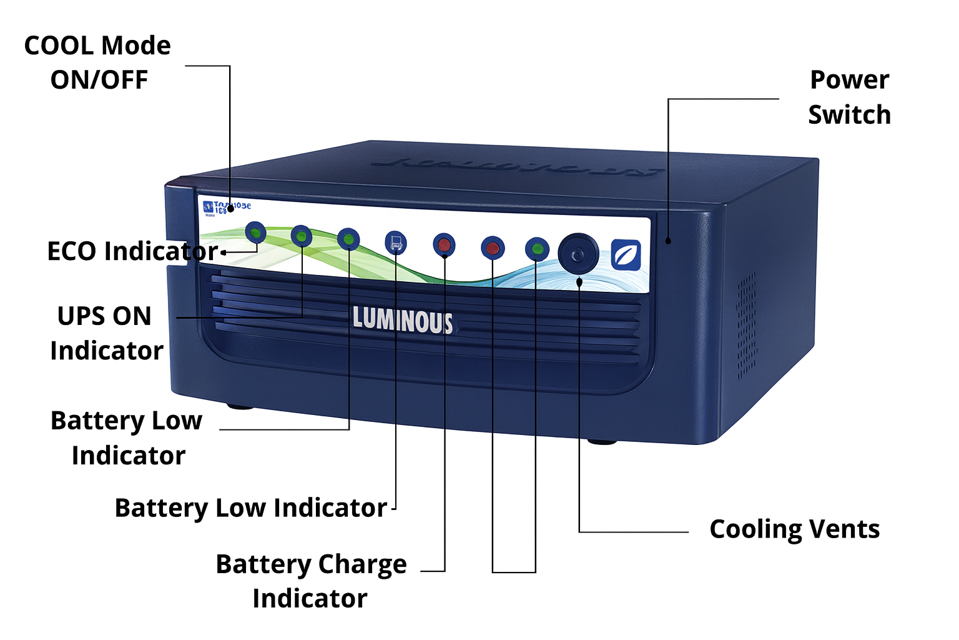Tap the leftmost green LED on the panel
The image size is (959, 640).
click(x=255, y=233)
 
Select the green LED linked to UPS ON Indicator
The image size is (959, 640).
click(x=301, y=236)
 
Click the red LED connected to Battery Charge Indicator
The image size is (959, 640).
click(x=444, y=244)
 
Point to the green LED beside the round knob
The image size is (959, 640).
click(x=536, y=249)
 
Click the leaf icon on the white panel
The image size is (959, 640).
click(x=625, y=255)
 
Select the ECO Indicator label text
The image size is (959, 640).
click(x=132, y=251)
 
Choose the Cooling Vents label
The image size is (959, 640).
click(x=794, y=529)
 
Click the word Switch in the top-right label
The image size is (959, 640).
click(x=849, y=115)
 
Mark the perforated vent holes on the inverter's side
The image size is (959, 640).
click(x=747, y=325)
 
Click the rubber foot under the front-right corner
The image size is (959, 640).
click(x=602, y=442)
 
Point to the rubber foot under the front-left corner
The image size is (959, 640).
click(x=240, y=407)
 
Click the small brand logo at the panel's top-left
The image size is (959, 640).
click(x=209, y=207)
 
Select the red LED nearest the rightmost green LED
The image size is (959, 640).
click(x=492, y=247)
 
